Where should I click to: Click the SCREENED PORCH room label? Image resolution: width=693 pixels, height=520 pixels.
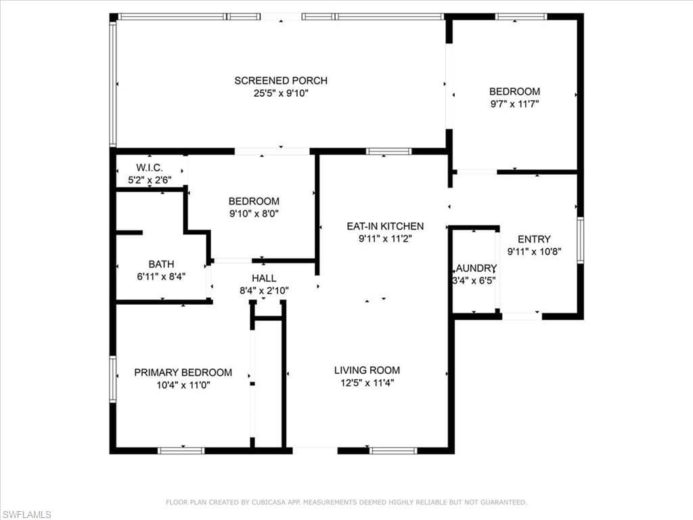tap(281, 81)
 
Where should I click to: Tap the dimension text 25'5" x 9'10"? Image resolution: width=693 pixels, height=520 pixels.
tap(281, 93)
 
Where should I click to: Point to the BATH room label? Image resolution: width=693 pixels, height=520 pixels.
tap(161, 264)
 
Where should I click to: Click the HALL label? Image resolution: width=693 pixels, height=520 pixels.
tap(263, 278)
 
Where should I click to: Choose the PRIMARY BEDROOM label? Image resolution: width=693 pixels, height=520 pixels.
tap(183, 372)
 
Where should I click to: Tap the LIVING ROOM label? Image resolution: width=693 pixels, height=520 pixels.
tap(367, 370)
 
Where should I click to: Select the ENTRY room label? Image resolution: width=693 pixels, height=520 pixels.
tap(534, 239)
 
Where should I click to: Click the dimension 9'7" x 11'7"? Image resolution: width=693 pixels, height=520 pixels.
tap(514, 104)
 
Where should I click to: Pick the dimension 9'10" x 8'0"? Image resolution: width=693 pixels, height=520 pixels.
tap(254, 214)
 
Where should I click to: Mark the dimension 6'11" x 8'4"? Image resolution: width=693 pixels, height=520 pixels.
tap(161, 276)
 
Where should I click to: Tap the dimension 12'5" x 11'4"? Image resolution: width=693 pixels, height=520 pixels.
tap(367, 383)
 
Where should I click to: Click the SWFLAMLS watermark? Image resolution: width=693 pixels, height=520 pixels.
tap(26, 515)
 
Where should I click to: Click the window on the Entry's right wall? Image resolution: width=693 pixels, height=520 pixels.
tap(580, 240)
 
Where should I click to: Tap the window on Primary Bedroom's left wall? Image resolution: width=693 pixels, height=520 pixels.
tap(113, 379)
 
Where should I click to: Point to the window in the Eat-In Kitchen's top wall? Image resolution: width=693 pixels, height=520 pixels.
tap(388, 151)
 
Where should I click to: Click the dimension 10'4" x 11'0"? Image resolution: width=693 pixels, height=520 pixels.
tap(183, 385)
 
